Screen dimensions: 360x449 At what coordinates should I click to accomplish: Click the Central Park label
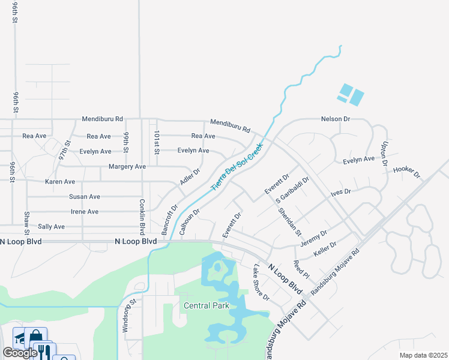pyautogui.click(x=206, y=305)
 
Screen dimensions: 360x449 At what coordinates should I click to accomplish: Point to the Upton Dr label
pyautogui.click(x=384, y=154)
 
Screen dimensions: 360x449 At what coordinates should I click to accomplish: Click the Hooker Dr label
pyautogui.click(x=406, y=172)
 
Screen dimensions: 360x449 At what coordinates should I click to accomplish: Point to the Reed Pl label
pyautogui.click(x=301, y=269)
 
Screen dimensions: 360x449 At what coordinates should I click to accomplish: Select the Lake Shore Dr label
pyautogui.click(x=261, y=283)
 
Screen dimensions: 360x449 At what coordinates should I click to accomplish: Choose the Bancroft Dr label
pyautogui.click(x=170, y=220)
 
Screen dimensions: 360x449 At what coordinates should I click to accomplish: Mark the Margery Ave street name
pyautogui.click(x=127, y=166)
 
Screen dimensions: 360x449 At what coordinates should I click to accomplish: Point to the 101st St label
pyautogui.click(x=156, y=142)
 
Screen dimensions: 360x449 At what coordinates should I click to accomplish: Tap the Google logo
pyautogui.click(x=20, y=353)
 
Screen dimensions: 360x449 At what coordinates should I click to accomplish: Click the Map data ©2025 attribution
pyautogui.click(x=423, y=355)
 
